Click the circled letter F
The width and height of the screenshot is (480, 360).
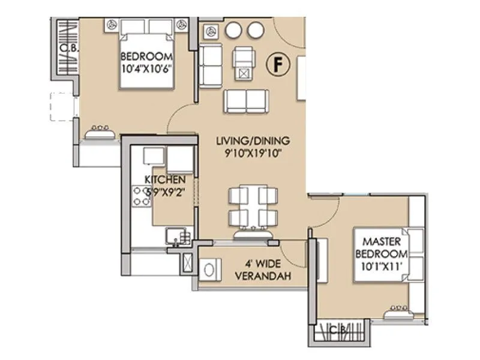click(277, 64)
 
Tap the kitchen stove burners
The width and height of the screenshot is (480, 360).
click(142, 196)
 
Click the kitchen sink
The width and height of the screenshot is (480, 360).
click(179, 236)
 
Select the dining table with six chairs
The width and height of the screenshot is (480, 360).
click(253, 206)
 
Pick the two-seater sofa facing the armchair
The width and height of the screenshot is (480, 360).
click(246, 101)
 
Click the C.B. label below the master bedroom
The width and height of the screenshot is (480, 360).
click(340, 329)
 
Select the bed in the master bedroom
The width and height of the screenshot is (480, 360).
click(389, 254)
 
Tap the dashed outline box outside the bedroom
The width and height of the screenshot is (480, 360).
click(62, 107)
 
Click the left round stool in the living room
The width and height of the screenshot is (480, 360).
click(234, 29)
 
